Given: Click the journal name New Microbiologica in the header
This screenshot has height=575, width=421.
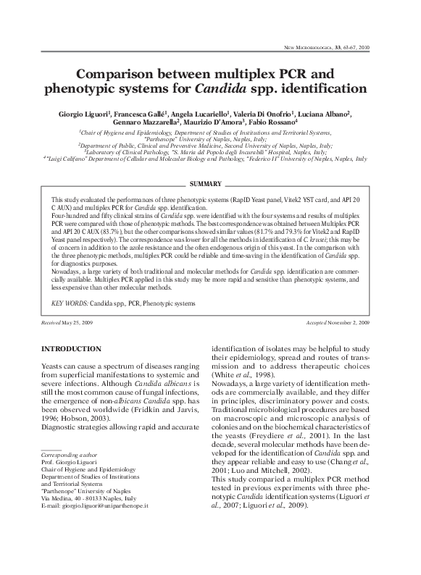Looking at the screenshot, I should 324,47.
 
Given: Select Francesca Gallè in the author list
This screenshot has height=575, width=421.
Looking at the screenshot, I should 146,114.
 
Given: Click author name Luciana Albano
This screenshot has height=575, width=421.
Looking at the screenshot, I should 325,114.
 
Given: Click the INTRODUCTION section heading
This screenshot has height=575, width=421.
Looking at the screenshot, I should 71,349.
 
